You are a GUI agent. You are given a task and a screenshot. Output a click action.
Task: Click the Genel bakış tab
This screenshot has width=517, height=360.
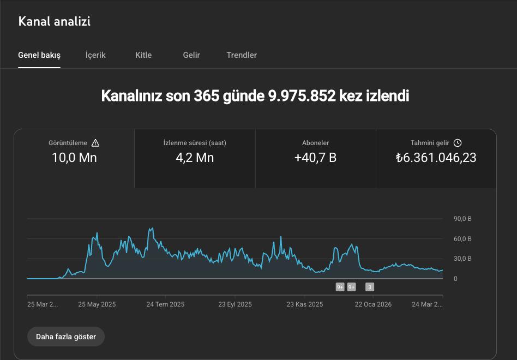click(x=39, y=55)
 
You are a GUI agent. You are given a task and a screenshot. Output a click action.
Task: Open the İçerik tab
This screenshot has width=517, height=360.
click(x=95, y=55)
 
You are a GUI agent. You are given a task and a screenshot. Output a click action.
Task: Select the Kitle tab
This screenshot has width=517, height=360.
click(x=143, y=55)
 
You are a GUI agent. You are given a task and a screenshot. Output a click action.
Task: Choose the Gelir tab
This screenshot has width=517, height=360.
click(x=191, y=55)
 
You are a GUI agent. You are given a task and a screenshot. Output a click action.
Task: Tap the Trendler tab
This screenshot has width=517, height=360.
click(x=242, y=55)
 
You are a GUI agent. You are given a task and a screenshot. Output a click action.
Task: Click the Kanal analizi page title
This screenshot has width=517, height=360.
click(x=55, y=22)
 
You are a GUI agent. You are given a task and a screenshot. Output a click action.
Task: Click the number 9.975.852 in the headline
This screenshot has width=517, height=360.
click(x=302, y=96)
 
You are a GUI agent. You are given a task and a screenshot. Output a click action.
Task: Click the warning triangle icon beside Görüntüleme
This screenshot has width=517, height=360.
click(x=95, y=143)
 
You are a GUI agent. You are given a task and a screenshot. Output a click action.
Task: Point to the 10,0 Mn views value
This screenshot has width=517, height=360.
click(x=74, y=158)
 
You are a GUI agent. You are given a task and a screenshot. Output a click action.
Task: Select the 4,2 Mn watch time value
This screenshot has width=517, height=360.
click(x=195, y=158)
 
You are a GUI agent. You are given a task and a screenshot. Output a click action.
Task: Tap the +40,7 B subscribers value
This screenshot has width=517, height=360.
click(x=315, y=158)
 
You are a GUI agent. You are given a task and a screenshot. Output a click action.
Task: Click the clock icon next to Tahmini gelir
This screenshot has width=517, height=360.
click(x=458, y=143)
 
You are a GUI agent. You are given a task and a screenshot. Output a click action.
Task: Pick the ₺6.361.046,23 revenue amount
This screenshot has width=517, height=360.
click(x=436, y=158)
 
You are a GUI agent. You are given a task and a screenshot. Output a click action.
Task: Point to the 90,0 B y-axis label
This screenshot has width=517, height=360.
click(x=462, y=219)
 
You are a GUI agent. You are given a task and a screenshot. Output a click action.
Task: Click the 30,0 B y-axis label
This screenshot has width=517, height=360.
click(x=462, y=259)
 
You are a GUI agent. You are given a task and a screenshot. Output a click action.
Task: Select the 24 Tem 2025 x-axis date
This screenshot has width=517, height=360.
click(x=165, y=304)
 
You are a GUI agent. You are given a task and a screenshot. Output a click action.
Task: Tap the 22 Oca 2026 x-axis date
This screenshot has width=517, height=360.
click(x=373, y=304)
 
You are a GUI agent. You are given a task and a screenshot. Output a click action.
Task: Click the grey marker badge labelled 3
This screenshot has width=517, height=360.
click(x=370, y=287)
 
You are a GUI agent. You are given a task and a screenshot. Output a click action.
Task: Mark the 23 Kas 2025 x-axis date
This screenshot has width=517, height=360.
click(x=305, y=304)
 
